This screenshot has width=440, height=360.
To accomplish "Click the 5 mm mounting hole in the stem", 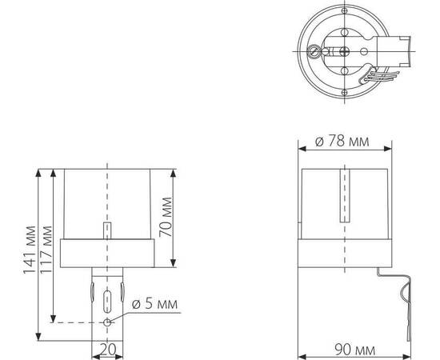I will (x=107, y=322).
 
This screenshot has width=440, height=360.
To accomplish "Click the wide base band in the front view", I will (x=107, y=253).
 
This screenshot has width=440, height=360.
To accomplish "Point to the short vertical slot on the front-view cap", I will (x=107, y=230).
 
